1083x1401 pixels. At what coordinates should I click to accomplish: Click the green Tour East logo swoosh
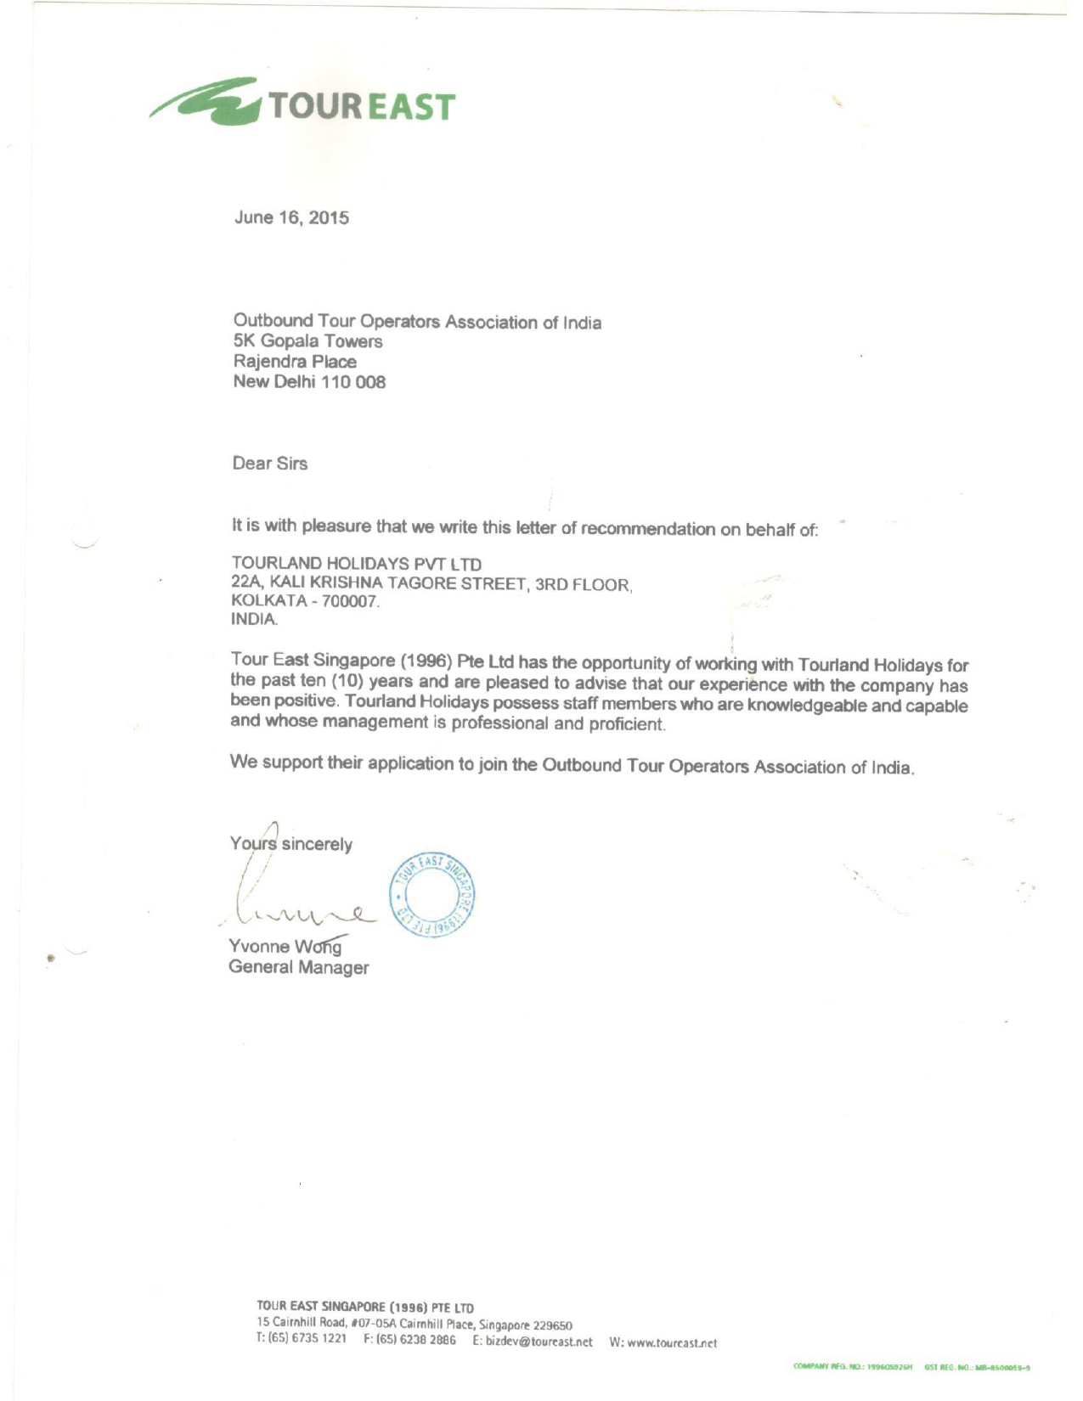(x=208, y=104)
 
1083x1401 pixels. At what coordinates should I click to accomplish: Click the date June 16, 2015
(x=291, y=217)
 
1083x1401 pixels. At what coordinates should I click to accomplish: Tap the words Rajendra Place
(x=295, y=362)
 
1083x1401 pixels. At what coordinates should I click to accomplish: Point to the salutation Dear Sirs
(x=270, y=464)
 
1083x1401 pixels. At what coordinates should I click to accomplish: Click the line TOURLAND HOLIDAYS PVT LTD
(x=357, y=564)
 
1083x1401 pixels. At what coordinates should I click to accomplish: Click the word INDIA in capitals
(x=254, y=620)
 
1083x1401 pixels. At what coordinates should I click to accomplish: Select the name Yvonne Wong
(x=285, y=947)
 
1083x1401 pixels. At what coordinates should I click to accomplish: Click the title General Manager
(x=299, y=967)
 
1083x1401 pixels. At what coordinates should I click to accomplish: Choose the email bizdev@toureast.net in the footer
(x=533, y=1342)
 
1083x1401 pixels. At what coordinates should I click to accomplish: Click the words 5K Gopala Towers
(x=308, y=342)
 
